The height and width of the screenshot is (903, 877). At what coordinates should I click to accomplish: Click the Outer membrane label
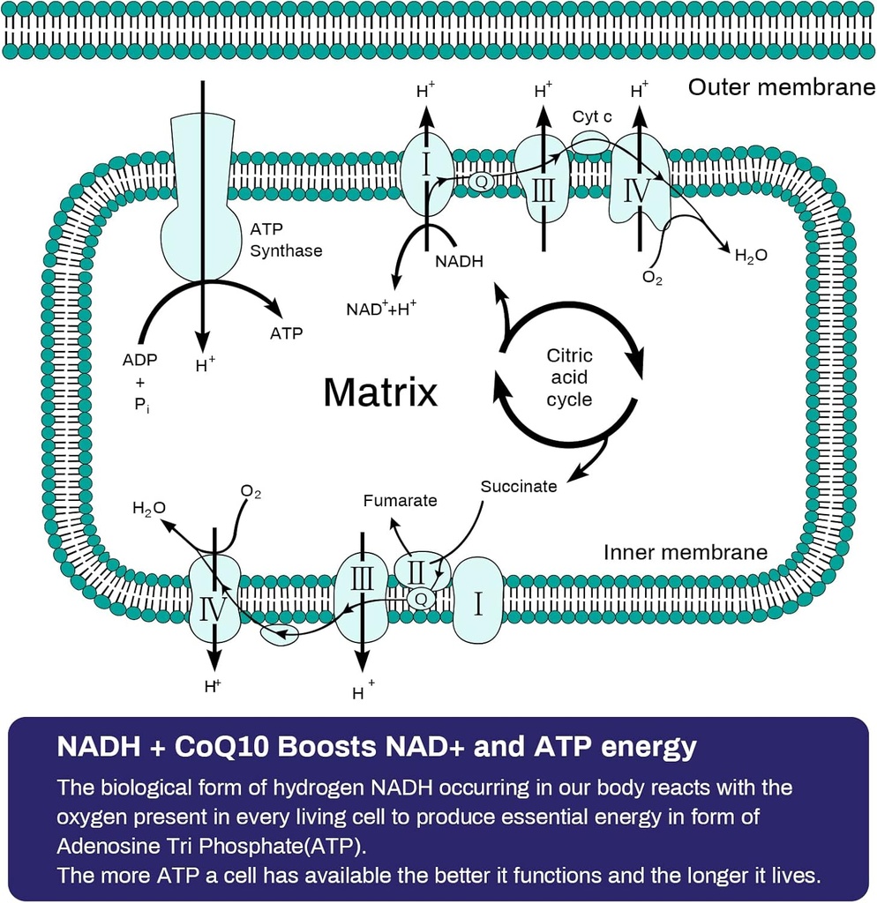coord(781,87)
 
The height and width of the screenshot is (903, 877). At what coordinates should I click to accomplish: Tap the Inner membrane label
coord(686,552)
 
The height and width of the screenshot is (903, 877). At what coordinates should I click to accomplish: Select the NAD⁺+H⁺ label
coord(382,310)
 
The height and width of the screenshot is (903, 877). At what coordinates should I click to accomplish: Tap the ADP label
coord(140,360)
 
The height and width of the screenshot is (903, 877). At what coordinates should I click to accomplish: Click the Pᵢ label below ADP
coord(142,407)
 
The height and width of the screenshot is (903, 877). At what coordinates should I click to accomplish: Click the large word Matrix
coord(379,392)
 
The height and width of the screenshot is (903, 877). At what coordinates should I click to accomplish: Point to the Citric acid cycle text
coord(569,377)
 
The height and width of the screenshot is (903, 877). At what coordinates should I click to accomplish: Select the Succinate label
coord(519,486)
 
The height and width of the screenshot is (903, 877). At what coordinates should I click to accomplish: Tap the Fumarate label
coord(400,501)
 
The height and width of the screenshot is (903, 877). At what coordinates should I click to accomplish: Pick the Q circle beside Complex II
coord(421,599)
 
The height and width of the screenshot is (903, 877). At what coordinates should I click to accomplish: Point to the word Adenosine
coord(98,845)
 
